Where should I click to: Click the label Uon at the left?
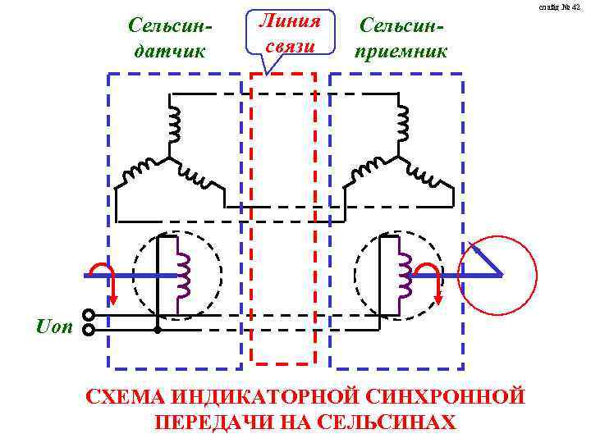click(x=55, y=326)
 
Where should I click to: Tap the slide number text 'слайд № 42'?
click(x=561, y=7)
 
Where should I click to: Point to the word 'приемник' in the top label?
click(x=401, y=51)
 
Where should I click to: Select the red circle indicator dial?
click(x=497, y=275)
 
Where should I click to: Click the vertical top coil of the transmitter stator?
click(x=173, y=124)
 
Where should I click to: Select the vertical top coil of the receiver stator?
click(x=402, y=124)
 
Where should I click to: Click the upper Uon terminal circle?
click(x=89, y=315)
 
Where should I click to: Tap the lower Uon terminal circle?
click(x=89, y=330)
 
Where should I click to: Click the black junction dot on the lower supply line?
click(x=158, y=330)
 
